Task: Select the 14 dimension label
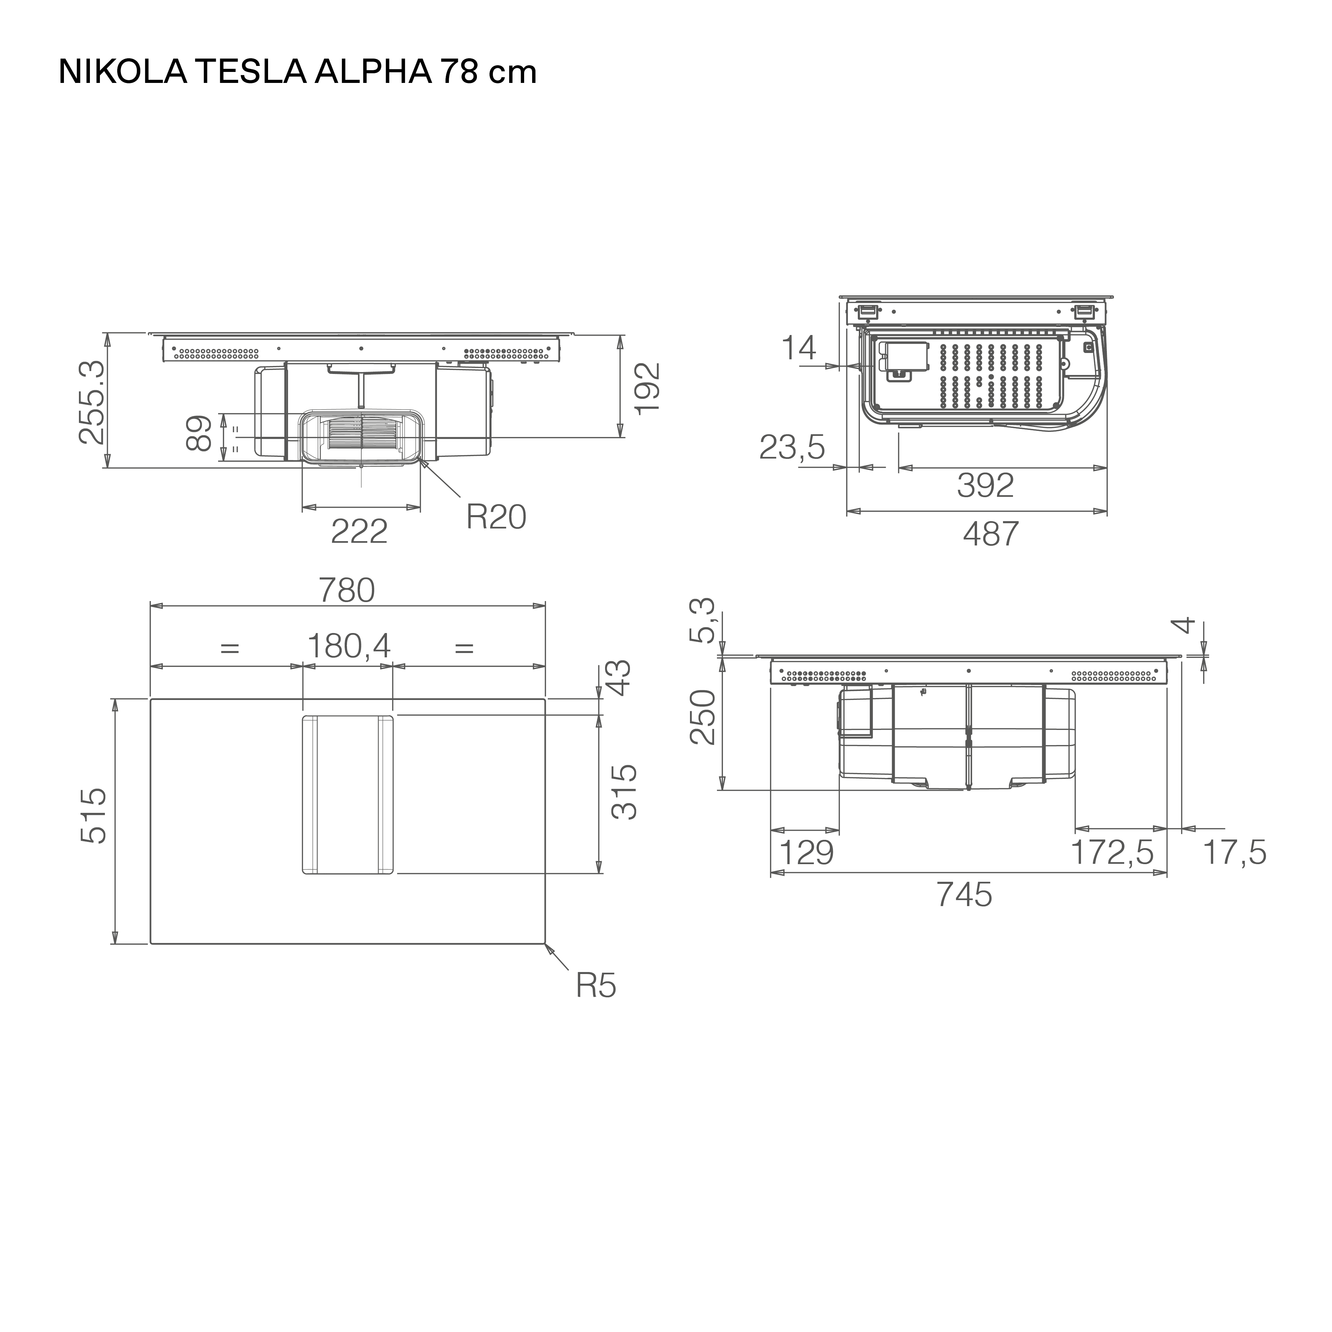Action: (x=799, y=348)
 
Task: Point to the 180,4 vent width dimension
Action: (x=349, y=646)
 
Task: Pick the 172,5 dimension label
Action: (x=1112, y=853)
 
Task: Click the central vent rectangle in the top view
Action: (x=347, y=795)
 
